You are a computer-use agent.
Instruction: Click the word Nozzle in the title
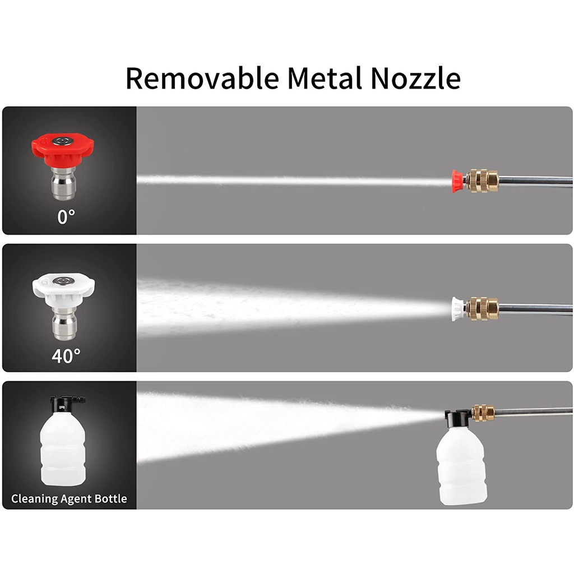(x=415, y=78)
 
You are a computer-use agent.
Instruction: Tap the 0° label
(x=66, y=217)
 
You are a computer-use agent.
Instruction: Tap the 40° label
(x=66, y=355)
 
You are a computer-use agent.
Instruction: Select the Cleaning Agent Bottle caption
(x=69, y=498)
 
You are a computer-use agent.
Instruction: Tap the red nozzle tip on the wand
(x=459, y=180)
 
